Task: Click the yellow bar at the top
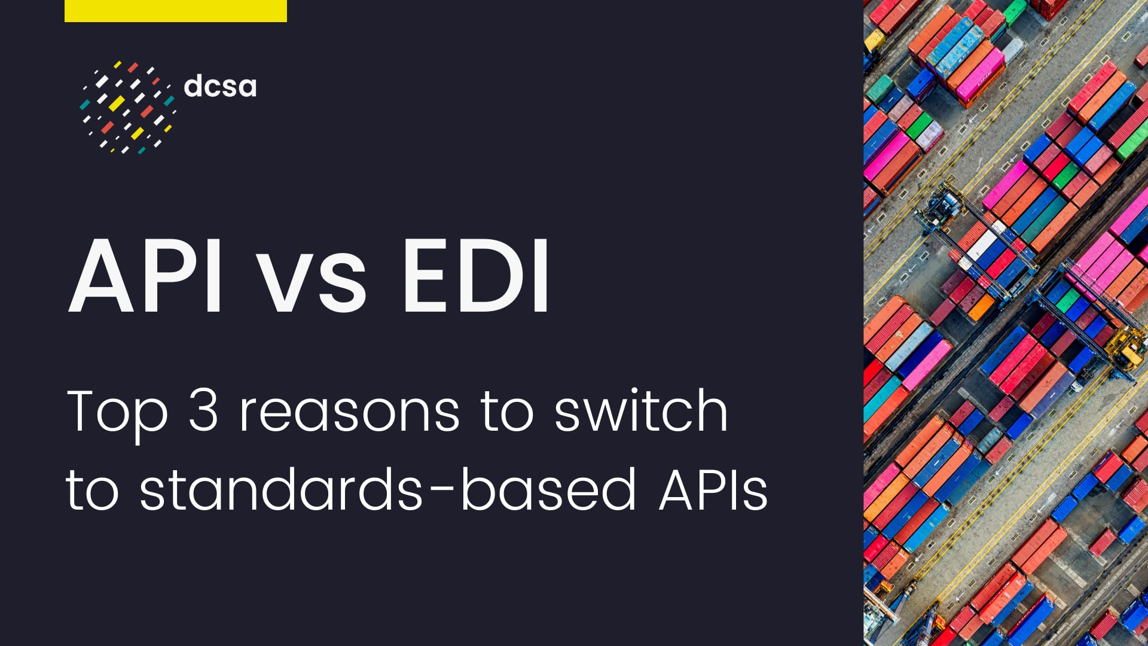pos(175,11)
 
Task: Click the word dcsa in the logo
pos(220,86)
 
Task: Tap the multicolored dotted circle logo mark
pos(127,106)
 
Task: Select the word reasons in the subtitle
pos(349,413)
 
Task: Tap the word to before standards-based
pos(92,490)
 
